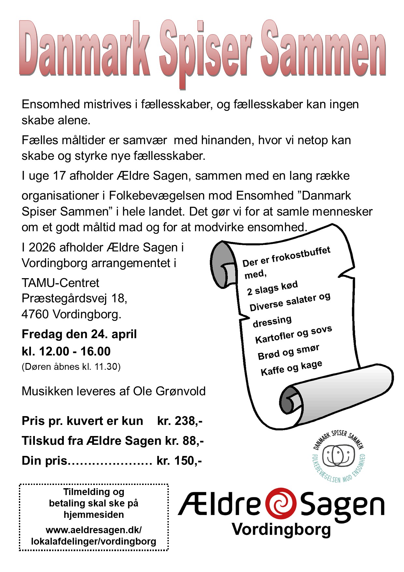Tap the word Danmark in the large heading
click(x=85, y=49)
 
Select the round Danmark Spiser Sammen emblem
click(x=339, y=456)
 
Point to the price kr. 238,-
click(x=180, y=421)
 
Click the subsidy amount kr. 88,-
click(x=184, y=441)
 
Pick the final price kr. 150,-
click(x=179, y=461)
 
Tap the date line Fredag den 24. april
click(x=79, y=334)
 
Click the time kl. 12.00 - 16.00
click(x=66, y=351)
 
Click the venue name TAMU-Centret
click(x=60, y=283)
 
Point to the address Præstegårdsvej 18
click(x=74, y=298)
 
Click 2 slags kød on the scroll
click(x=272, y=288)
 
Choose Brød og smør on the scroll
click(x=288, y=352)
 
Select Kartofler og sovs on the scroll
click(x=294, y=335)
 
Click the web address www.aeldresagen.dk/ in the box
click(x=94, y=530)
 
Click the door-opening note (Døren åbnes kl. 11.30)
click(x=71, y=367)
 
